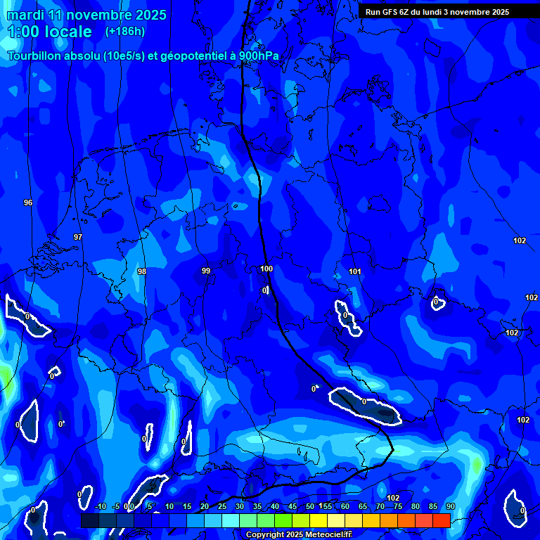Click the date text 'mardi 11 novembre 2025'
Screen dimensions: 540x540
pyautogui.click(x=86, y=15)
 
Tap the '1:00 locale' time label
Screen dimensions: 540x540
pyautogui.click(x=49, y=32)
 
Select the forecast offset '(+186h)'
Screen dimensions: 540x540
pyautogui.click(x=125, y=31)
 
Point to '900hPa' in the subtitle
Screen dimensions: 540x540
pyautogui.click(x=255, y=56)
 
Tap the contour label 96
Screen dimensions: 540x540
pyautogui.click(x=28, y=202)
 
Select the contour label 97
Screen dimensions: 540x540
pyautogui.click(x=78, y=237)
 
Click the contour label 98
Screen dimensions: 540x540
pyautogui.click(x=142, y=271)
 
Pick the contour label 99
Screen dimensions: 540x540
pyautogui.click(x=206, y=271)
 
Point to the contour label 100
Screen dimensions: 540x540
pyautogui.click(x=266, y=269)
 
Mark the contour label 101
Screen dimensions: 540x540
pyautogui.click(x=355, y=271)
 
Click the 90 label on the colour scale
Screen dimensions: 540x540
pyautogui.click(x=450, y=506)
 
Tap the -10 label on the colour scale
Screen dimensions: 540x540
pyautogui.click(x=100, y=506)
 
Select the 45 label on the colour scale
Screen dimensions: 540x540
pyautogui.click(x=292, y=506)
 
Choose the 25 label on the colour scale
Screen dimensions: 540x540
pyautogui.click(x=222, y=506)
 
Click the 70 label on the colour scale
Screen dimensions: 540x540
pyautogui.click(x=380, y=506)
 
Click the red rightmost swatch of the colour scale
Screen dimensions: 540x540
pyautogui.click(x=441, y=520)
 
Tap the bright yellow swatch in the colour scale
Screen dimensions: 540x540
pyautogui.click(x=318, y=520)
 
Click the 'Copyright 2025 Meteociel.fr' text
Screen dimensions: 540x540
pyautogui.click(x=299, y=534)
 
